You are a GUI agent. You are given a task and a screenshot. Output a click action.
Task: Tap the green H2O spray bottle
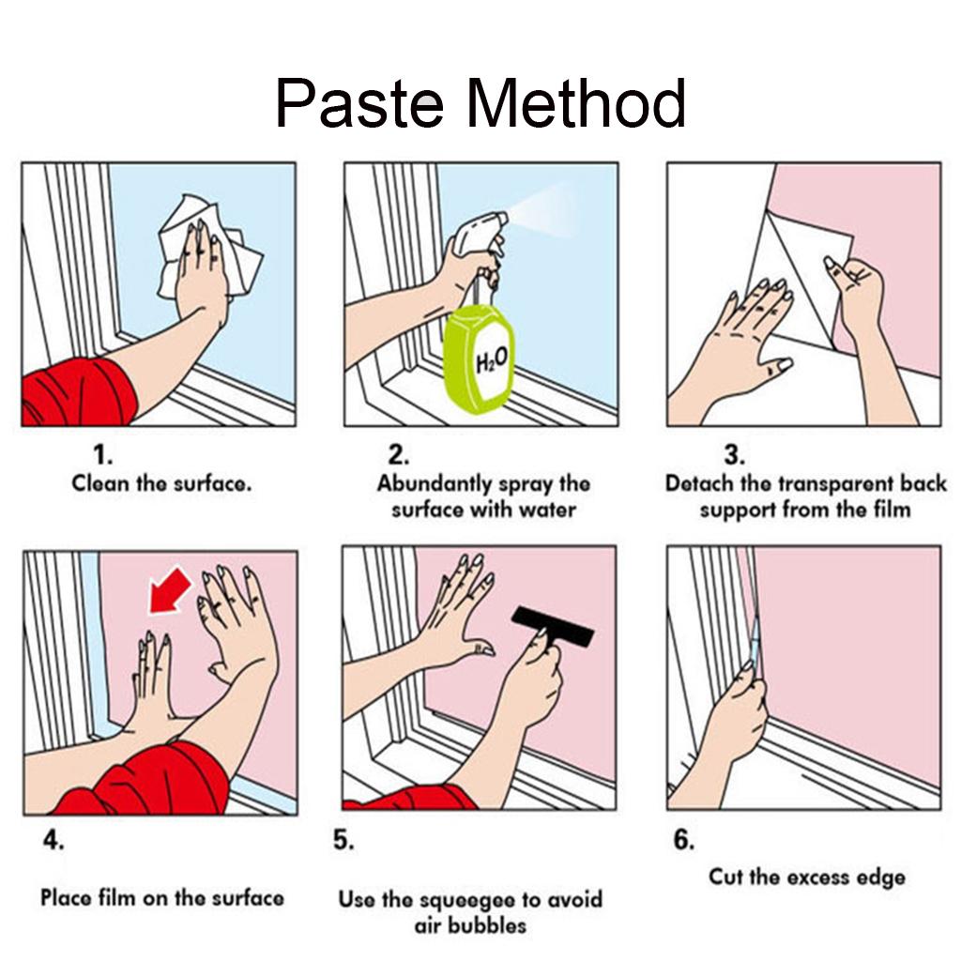pos(479,358)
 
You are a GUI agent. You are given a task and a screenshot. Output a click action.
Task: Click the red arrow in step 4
pos(171,589)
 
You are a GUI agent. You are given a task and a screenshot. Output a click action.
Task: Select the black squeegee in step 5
pos(552,626)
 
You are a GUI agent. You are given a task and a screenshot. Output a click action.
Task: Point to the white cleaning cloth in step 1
pos(208,248)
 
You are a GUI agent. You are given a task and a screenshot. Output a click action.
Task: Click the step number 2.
pos(398,455)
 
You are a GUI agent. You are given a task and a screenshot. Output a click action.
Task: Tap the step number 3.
pos(734,455)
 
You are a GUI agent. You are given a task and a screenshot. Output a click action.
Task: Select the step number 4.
pos(53,839)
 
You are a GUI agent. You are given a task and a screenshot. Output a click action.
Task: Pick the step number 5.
pos(343,839)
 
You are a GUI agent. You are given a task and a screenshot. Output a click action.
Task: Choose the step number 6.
pos(684,839)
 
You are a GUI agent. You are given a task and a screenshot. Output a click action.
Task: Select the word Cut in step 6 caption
pos(725,877)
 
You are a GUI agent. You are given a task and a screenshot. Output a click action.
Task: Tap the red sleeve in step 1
pos(79,392)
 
